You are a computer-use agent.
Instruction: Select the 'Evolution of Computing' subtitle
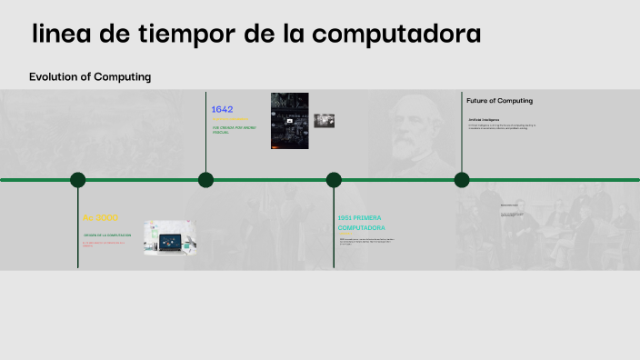point(90,77)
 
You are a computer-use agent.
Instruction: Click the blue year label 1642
point(222,109)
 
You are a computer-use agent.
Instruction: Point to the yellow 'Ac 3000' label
point(100,218)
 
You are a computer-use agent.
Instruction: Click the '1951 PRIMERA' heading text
point(359,218)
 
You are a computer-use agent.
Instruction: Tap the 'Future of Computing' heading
point(499,100)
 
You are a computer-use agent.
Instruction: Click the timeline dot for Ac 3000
point(78,179)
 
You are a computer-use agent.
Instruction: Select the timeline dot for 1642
point(206,179)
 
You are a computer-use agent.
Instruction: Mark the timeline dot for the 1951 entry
point(334,179)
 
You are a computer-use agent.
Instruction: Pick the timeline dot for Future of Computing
point(462,179)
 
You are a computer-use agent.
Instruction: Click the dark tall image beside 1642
point(289,121)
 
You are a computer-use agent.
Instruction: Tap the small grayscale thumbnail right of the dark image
point(325,120)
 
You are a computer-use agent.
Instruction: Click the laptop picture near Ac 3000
point(170,238)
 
